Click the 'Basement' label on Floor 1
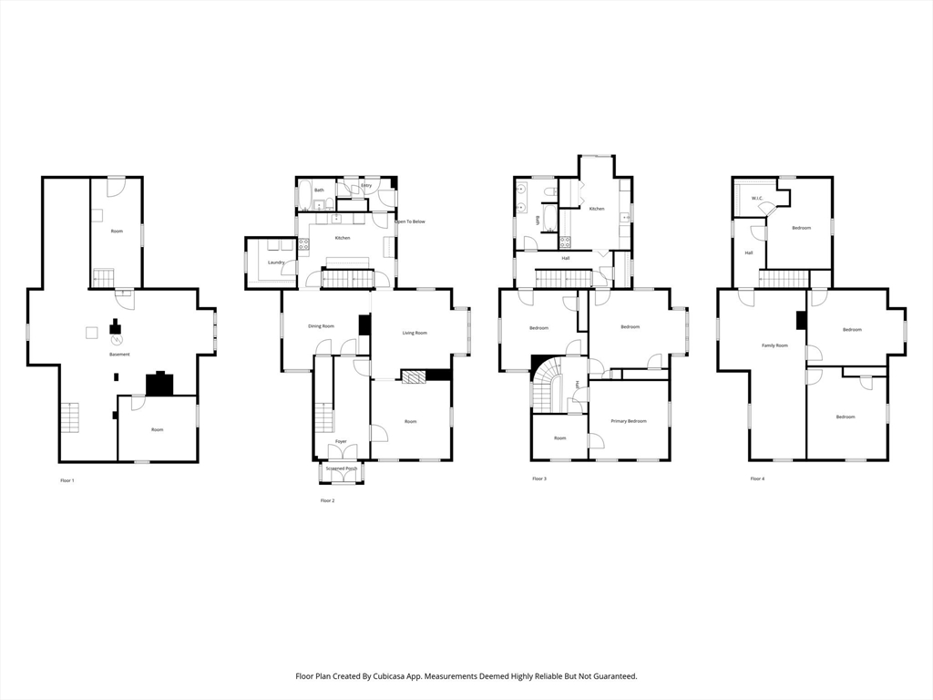click(119, 354)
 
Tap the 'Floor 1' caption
click(67, 479)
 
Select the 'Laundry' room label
click(276, 262)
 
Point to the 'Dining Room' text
click(321, 325)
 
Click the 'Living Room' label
click(415, 333)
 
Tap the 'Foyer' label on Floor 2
click(341, 441)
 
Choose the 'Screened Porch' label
click(342, 468)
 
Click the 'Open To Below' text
click(409, 221)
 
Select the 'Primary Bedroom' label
click(629, 420)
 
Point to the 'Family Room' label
click(774, 345)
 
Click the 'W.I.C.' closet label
click(756, 198)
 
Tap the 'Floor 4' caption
click(757, 479)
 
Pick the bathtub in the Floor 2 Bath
click(304, 195)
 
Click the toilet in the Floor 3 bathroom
click(550, 190)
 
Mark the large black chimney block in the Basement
click(160, 384)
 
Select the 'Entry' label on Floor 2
click(366, 186)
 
